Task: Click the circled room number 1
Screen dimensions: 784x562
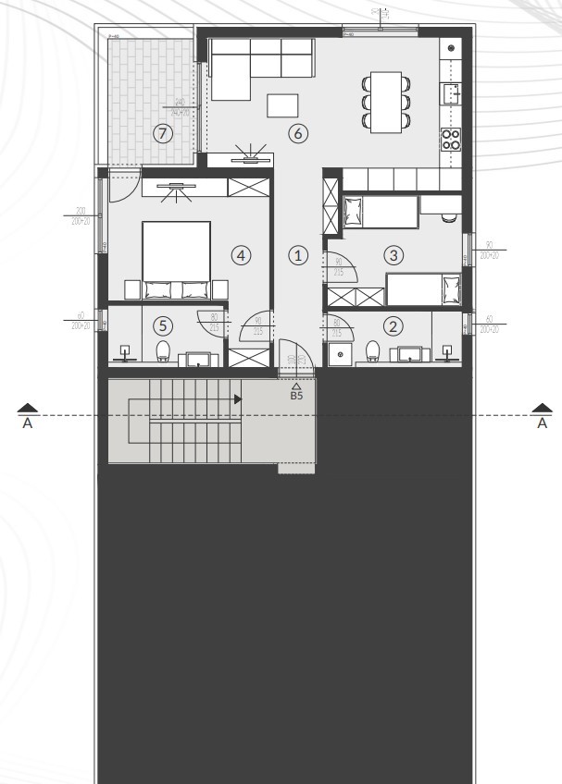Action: (297, 254)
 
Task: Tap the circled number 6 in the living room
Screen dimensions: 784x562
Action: (297, 133)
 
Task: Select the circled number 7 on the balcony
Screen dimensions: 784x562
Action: (163, 133)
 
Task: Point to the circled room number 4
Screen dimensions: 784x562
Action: (241, 254)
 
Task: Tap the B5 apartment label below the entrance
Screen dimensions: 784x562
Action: (297, 396)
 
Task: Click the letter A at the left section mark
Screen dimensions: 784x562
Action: (28, 423)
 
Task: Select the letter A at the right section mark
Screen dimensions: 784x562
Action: (543, 423)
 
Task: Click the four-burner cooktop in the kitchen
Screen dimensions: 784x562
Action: (451, 139)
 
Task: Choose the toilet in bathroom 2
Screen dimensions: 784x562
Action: (373, 350)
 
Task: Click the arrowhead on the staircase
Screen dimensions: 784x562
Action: (238, 399)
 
